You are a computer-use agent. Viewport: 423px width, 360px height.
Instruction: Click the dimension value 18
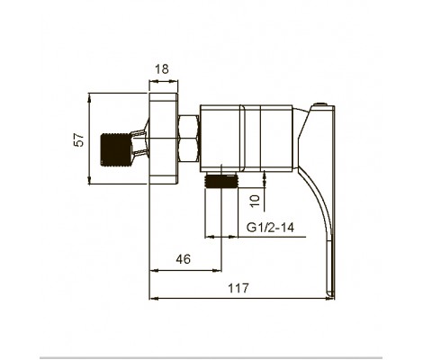(x=162, y=69)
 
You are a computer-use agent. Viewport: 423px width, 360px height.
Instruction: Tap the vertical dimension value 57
(x=79, y=139)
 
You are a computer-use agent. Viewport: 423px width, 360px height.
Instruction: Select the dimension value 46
(x=184, y=259)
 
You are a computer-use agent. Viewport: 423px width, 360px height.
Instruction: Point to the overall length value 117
(x=238, y=288)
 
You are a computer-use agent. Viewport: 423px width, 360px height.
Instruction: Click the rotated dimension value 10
(x=255, y=201)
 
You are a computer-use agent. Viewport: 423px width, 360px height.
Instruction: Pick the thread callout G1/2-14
(x=270, y=227)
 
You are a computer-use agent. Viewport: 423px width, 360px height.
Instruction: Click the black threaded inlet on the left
(x=115, y=149)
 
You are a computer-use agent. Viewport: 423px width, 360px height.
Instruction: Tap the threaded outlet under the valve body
(x=220, y=181)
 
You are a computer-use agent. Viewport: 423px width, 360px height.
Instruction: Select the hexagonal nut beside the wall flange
(x=189, y=139)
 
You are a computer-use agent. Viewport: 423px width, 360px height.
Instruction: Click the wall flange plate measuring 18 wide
(x=164, y=139)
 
